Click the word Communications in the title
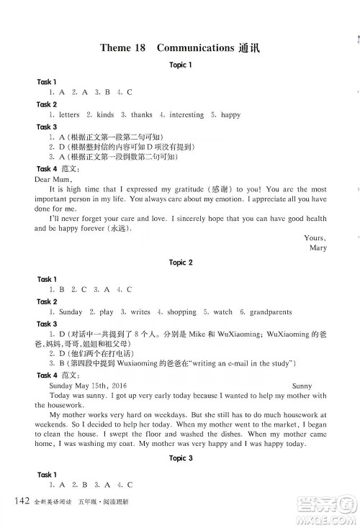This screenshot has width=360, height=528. [x=192, y=48]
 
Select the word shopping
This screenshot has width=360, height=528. [x=181, y=312]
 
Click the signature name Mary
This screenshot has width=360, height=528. [x=318, y=247]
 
